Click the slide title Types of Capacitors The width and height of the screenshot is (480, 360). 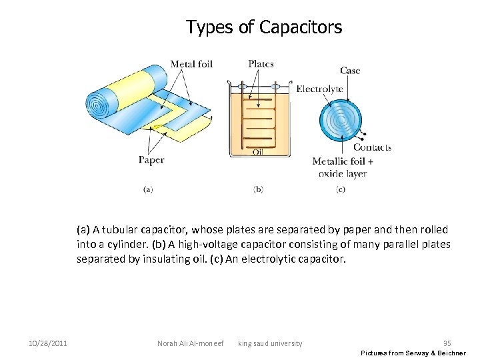tap(264, 27)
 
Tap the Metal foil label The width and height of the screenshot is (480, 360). tap(191, 65)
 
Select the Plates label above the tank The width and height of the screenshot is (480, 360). tap(261, 64)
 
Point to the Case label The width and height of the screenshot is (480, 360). tap(350, 71)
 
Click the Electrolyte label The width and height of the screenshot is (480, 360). tap(319, 89)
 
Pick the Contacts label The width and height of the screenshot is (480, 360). tap(372, 147)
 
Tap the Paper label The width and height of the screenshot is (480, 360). tap(151, 160)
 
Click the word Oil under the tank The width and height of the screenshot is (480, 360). tap(257, 153)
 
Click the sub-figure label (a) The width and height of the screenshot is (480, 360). tap(148, 189)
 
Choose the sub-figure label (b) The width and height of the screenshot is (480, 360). tap(258, 189)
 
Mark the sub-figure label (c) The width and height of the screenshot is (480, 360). tap(341, 189)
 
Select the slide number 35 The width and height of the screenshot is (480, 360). tap(447, 343)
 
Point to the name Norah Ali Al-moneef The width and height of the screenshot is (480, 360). tap(189, 343)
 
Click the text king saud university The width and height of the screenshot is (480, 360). tap(270, 343)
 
